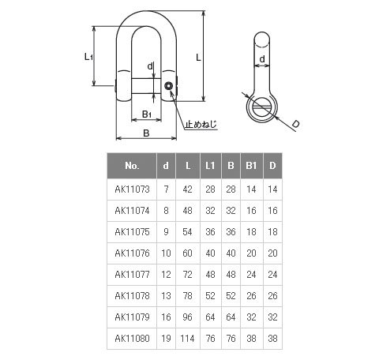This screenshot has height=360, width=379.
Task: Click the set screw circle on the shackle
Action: [168, 86]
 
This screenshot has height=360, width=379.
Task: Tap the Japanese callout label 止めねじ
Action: [201, 124]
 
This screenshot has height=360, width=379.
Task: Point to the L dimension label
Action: [198, 57]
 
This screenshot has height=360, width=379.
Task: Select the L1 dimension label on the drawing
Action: [88, 56]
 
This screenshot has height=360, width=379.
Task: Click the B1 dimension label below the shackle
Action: [147, 114]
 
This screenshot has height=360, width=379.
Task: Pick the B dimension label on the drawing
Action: [146, 133]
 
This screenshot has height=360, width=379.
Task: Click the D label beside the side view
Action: [296, 124]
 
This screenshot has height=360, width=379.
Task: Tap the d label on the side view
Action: [262, 59]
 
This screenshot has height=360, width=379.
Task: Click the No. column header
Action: [132, 166]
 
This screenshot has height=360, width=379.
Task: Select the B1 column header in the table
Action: [251, 166]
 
